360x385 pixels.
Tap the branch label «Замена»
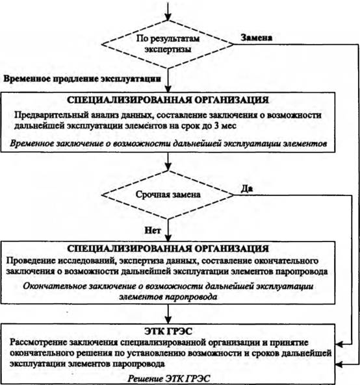coord(256,38)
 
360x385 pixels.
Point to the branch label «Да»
coord(247,188)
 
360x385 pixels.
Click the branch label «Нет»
coord(153,230)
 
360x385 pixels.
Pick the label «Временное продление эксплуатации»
coord(83,79)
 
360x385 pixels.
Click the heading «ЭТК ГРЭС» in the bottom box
coord(168,331)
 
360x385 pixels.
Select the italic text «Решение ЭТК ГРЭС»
coord(168,379)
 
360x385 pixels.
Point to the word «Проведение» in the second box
coord(31,261)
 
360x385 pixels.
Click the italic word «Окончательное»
coord(55,286)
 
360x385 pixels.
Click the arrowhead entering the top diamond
coord(168,17)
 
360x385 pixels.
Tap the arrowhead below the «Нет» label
coord(168,238)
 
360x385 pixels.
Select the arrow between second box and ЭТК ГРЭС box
coord(168,314)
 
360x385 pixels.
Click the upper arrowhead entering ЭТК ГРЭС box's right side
coord(339,344)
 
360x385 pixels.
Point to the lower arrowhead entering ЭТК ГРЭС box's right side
coord(339,364)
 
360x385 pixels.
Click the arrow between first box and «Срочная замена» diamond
coord(168,162)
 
